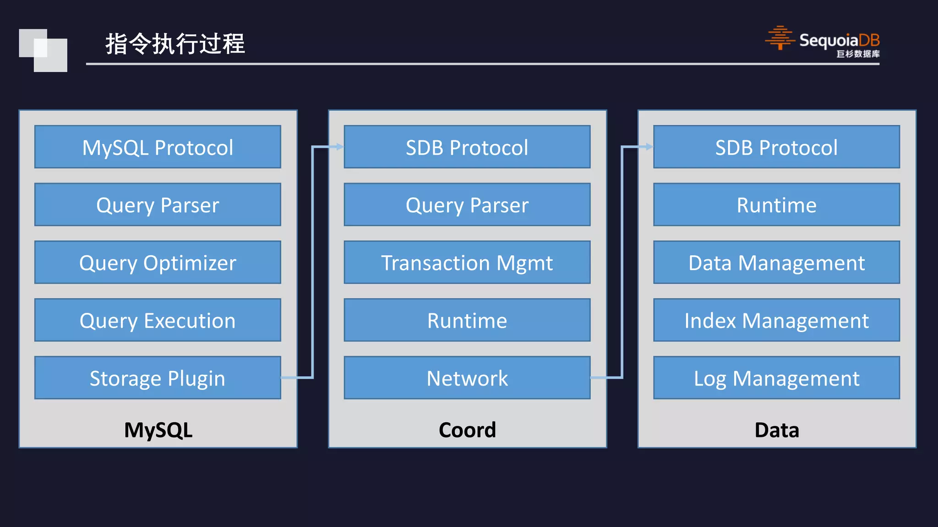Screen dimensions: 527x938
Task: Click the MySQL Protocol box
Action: [x=158, y=147]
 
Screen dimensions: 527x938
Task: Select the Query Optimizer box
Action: [x=158, y=262]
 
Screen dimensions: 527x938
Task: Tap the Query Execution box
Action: [x=158, y=320]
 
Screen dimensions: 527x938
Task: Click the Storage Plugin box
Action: [x=158, y=377]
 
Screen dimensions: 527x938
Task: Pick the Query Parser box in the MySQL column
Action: [x=158, y=204]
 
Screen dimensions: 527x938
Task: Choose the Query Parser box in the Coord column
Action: [x=467, y=204]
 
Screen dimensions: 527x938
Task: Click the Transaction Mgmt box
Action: [x=467, y=262]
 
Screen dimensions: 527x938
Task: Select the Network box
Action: [x=467, y=377]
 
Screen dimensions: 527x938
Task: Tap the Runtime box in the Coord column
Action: [x=467, y=320]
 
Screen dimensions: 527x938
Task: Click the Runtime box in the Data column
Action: [x=776, y=204]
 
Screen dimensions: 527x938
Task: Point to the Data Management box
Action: [x=776, y=262]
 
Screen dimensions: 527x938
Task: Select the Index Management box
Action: [x=776, y=320]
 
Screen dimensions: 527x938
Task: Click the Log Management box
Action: [x=776, y=377]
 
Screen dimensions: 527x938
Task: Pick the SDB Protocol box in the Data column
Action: [x=776, y=147]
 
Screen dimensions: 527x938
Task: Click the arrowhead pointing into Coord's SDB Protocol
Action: [x=339, y=147]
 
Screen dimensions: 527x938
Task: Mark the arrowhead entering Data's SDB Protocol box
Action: [x=649, y=147]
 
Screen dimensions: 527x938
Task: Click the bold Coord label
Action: [x=467, y=430]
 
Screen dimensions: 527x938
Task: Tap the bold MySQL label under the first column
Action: [x=158, y=430]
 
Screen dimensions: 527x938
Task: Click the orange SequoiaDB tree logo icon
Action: [x=780, y=38]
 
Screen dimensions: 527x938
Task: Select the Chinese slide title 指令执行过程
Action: [x=175, y=44]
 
